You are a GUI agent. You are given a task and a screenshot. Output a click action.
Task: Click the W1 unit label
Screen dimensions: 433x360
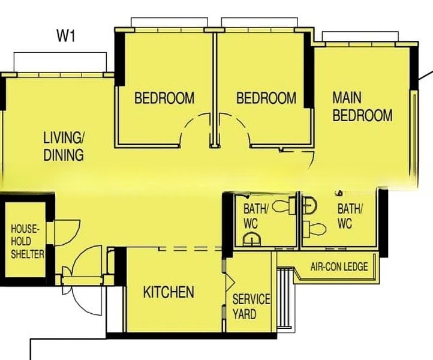point(66,36)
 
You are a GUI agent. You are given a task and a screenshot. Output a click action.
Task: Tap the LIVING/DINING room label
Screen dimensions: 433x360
point(64,146)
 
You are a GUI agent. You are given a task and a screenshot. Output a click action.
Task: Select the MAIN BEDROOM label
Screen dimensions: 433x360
point(362,107)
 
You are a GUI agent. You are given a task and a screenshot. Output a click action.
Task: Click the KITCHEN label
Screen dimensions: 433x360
point(169,292)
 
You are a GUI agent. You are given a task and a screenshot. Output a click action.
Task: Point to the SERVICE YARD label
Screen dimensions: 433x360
point(251,307)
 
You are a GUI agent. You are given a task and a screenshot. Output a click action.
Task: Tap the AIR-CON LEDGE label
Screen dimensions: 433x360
point(339,266)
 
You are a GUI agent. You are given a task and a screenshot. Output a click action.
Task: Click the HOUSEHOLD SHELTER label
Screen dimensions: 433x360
point(28,241)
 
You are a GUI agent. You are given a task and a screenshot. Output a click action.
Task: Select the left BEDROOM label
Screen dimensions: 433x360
point(164,98)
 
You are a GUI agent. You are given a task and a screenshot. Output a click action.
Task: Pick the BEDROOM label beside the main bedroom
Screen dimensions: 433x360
point(266,98)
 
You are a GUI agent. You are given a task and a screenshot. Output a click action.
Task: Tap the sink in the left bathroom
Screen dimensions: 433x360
point(252,239)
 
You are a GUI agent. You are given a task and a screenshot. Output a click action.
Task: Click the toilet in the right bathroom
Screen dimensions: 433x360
point(314,229)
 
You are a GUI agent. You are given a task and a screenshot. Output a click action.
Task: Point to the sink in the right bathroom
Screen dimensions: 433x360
point(309,205)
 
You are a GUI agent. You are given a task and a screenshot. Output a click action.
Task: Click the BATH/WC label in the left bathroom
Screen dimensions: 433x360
point(255,216)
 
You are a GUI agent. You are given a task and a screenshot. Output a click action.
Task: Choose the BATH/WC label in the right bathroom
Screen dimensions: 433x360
point(350,216)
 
